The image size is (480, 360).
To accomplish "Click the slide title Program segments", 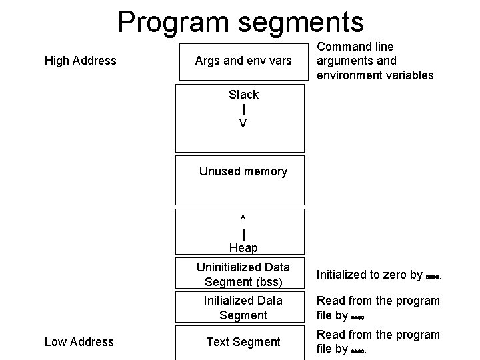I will click(x=241, y=21).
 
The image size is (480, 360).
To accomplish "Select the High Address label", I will click(x=80, y=61).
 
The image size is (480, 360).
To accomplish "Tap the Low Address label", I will click(x=79, y=342).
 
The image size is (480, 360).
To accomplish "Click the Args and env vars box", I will click(x=243, y=61).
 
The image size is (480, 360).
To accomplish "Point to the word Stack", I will click(x=243, y=95).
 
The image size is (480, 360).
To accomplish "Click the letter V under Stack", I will click(x=243, y=124).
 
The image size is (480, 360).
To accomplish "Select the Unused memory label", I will click(x=243, y=171).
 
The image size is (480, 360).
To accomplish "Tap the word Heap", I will click(x=243, y=248).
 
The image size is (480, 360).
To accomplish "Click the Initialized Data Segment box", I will click(x=243, y=308).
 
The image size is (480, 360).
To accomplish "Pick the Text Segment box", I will click(x=243, y=342).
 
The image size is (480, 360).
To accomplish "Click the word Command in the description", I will click(x=346, y=47).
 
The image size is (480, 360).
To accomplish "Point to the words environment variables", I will click(x=375, y=75).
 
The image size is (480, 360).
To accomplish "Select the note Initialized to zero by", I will click(x=369, y=274).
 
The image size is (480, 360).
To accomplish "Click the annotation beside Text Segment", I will click(x=377, y=341).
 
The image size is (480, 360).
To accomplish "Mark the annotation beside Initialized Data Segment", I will click(x=377, y=307).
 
